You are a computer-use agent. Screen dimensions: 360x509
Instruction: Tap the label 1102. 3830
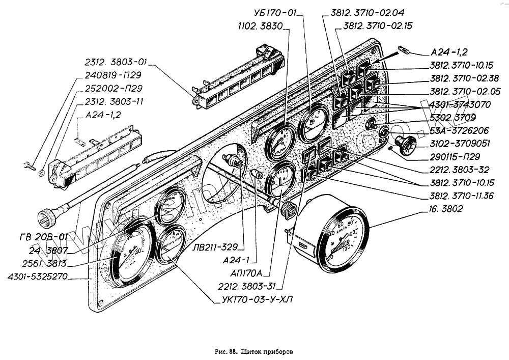tap(262, 25)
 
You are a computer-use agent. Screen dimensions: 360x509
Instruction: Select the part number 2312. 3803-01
tap(116, 63)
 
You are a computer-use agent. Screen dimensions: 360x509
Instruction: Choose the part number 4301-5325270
tap(38, 278)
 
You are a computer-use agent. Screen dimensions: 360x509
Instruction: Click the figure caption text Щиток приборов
tap(268, 351)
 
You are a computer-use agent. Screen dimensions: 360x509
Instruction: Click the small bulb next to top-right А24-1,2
tap(405, 50)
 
